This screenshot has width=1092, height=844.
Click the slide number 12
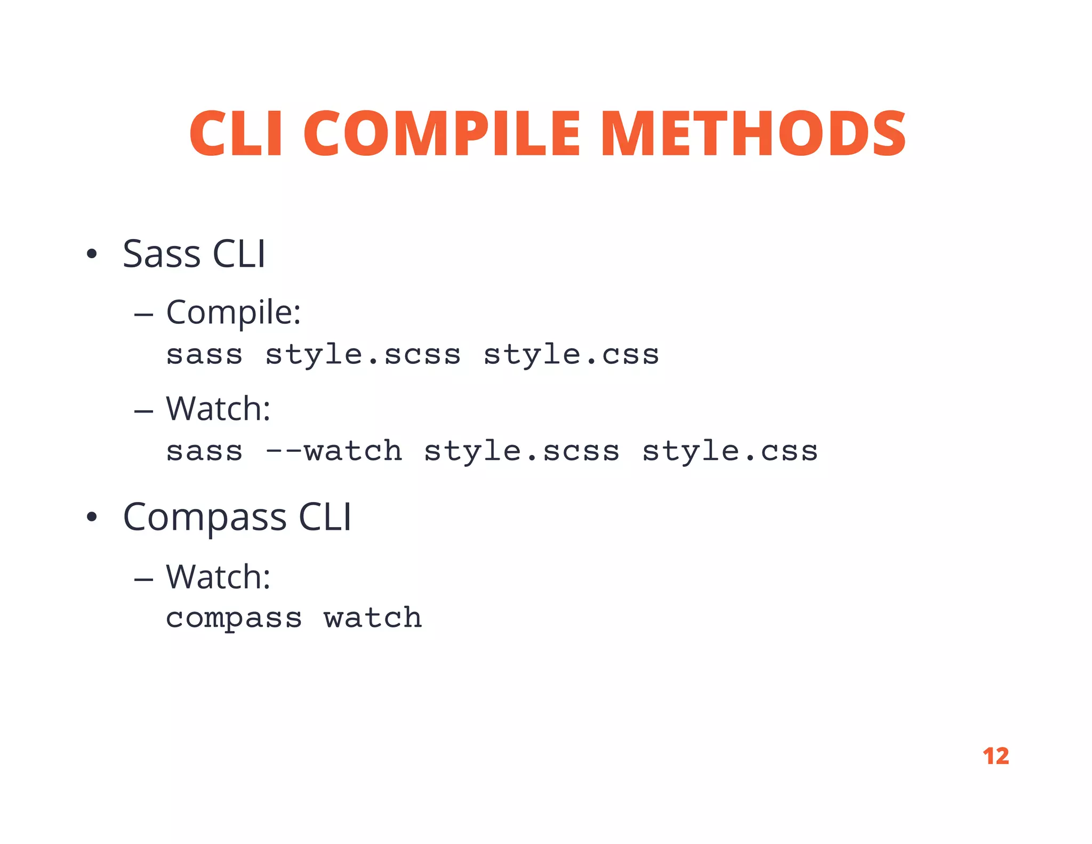pos(995,756)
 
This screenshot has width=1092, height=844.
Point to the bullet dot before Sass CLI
pos(92,254)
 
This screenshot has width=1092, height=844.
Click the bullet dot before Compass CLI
pos(92,517)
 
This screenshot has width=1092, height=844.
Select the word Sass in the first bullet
pos(162,254)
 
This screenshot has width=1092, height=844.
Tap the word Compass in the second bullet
pos(205,517)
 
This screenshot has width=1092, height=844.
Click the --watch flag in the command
pos(334,451)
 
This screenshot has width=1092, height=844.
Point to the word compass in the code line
pos(234,619)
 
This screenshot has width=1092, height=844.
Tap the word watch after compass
pos(373,618)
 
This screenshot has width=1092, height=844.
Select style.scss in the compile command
pos(363,355)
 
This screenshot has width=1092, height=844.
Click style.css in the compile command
pos(571,355)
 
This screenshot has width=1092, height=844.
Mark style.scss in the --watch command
pos(521,452)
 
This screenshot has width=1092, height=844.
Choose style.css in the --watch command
pos(730,452)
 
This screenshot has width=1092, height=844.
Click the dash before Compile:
pos(143,315)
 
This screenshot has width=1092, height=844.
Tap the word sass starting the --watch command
pos(204,452)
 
